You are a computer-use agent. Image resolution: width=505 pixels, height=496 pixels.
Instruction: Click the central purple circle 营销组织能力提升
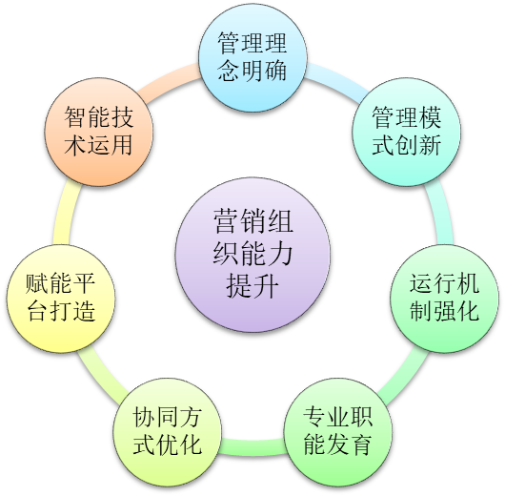coord(252,255)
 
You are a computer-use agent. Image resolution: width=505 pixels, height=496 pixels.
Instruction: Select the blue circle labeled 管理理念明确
coord(252,58)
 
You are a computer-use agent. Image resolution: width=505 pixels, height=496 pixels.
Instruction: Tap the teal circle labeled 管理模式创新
coord(406,132)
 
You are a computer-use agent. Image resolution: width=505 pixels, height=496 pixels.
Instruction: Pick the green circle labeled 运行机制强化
coord(444,299)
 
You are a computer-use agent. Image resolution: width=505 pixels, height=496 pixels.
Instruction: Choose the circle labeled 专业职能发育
coord(338,432)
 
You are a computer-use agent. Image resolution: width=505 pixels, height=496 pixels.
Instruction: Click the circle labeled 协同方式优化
coord(167,432)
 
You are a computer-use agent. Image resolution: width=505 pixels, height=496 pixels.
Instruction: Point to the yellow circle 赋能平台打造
coord(61,299)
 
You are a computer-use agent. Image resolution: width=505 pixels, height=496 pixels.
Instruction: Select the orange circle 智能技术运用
coord(99,132)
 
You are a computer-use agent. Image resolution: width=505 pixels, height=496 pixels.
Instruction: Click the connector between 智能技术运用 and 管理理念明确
coord(168,79)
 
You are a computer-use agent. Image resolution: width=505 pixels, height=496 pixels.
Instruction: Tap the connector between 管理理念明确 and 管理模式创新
coord(337,79)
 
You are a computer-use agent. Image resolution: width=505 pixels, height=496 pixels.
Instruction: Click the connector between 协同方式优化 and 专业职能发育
coord(252,447)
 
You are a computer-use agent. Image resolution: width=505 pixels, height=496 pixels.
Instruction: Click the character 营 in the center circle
coord(226,221)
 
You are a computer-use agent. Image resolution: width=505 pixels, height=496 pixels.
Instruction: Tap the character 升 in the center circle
coord(266,285)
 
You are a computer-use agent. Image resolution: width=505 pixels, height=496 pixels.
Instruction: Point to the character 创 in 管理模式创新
coord(406,145)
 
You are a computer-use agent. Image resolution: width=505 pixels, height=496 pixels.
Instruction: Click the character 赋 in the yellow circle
coord(37,284)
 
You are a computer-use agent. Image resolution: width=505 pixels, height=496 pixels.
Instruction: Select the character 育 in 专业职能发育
coord(361,444)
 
